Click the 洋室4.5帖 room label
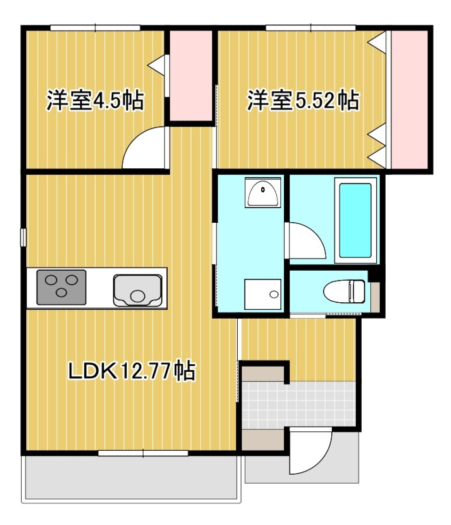coord(94,101)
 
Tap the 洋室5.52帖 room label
coord(303,101)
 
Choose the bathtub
coord(355,220)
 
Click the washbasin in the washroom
coord(263,193)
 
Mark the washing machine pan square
coord(263,294)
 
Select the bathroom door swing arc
coord(305,241)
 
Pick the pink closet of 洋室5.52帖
coord(410,99)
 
